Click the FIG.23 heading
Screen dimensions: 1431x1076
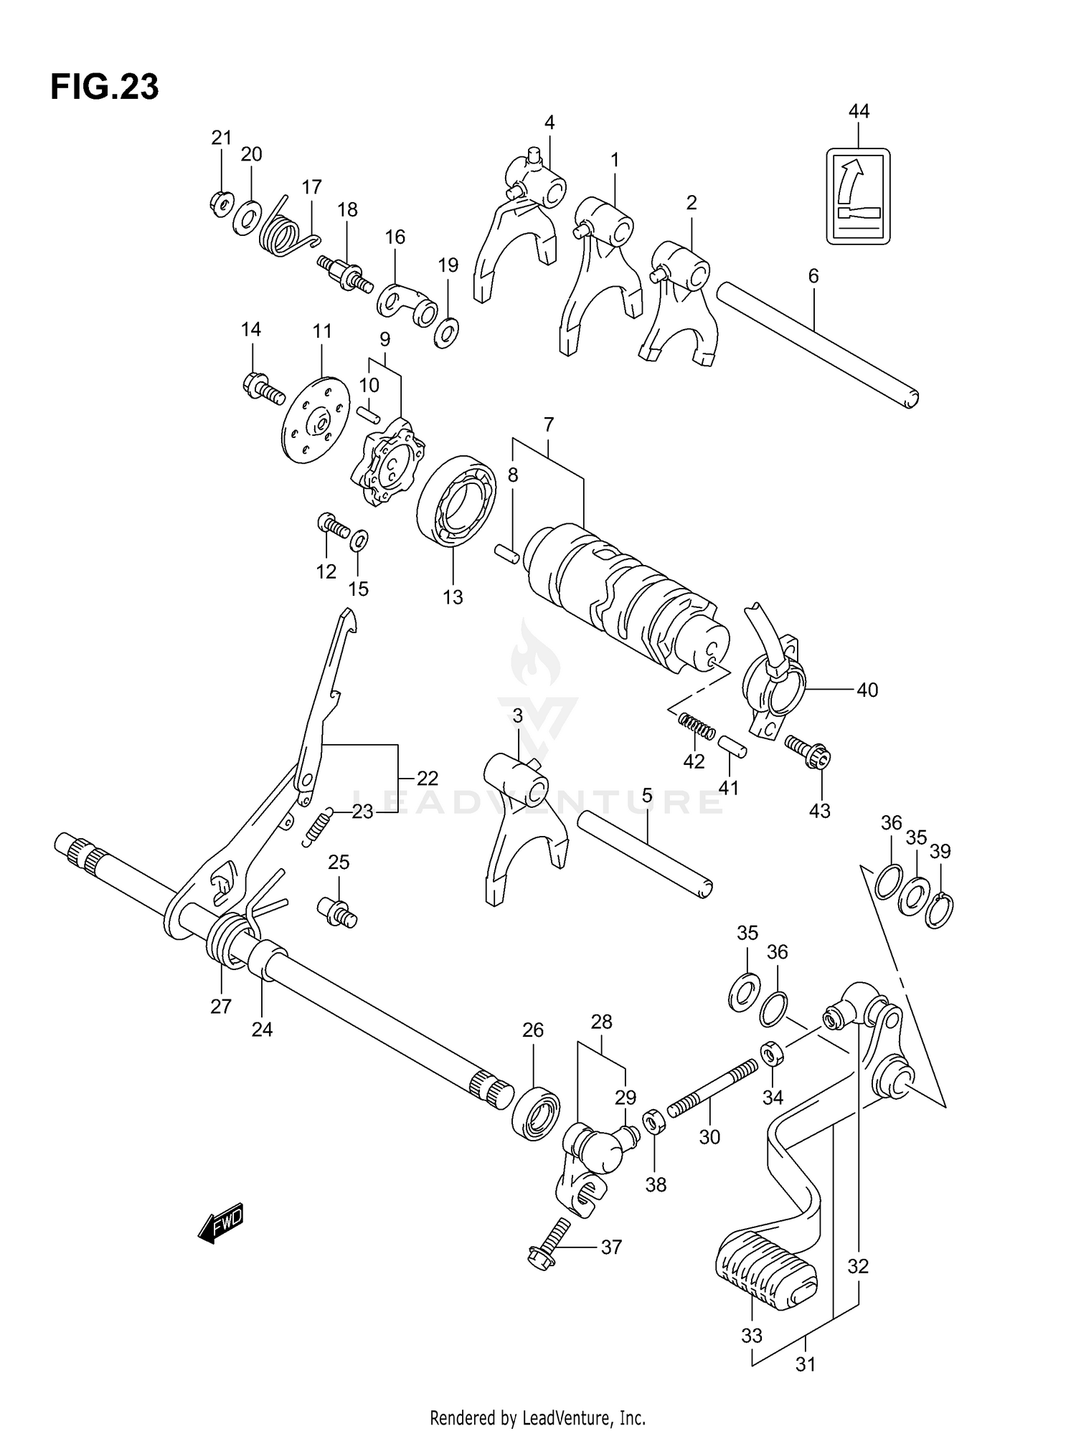pos(105,87)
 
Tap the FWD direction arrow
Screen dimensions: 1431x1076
pos(221,1222)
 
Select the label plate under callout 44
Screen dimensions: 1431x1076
pos(858,196)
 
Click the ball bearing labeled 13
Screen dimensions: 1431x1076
pos(457,500)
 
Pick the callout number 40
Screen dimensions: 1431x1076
pos(867,690)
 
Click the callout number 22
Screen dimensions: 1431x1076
pos(427,779)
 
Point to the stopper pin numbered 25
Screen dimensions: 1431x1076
pos(336,912)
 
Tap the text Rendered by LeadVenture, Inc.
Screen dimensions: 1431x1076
pos(537,1417)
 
